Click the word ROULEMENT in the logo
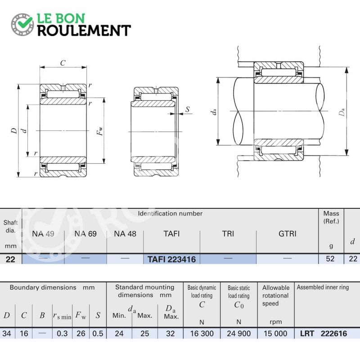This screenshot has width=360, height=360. point(84,31)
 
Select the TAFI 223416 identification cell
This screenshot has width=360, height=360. point(171,259)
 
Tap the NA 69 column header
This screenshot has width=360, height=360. point(85,234)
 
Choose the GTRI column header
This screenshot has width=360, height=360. point(287,234)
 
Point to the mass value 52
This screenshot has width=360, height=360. point(330,259)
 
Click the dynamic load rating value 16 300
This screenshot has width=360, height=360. point(202,333)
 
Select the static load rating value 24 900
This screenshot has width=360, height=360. point(239,333)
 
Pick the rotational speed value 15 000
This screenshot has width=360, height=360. point(275,333)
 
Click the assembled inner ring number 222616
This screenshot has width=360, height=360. point(333,333)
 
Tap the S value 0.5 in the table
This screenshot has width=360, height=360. point(98,333)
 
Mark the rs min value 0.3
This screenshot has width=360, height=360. point(62,333)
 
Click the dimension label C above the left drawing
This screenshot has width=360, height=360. point(63,63)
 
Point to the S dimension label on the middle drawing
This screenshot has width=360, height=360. point(188,109)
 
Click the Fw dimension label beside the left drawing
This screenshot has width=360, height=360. point(100,131)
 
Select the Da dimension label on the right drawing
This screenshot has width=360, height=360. point(342,112)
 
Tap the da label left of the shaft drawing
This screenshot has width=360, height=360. point(213,112)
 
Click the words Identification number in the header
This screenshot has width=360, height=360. point(170,213)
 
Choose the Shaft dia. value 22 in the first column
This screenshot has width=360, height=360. point(10,259)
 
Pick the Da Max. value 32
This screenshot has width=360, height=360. point(171,333)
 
